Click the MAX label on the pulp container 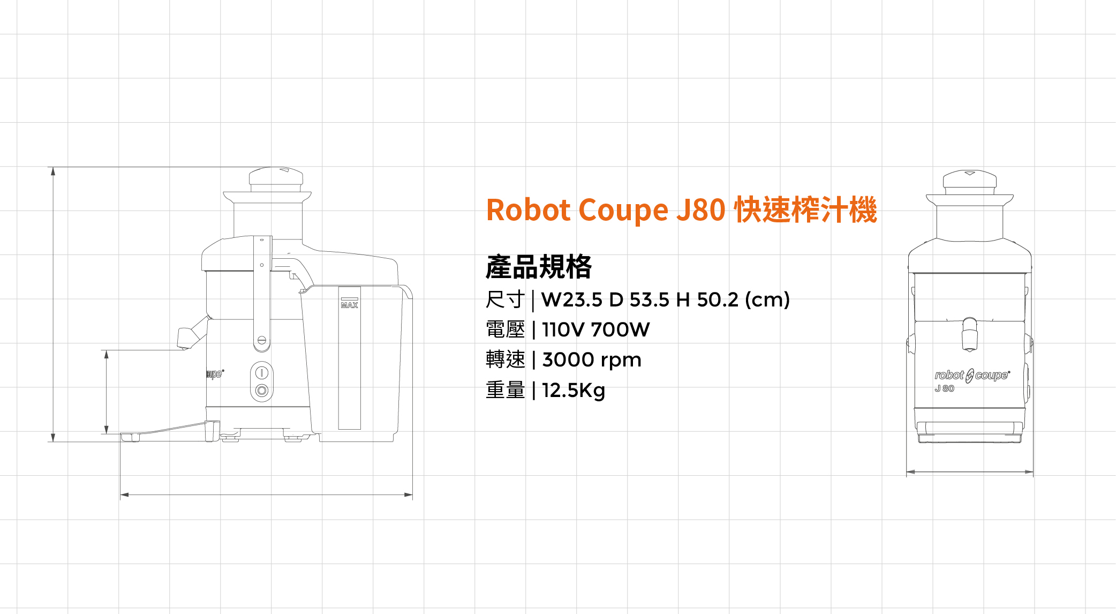coord(349,305)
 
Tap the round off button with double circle coord(261,390)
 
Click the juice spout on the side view coord(188,336)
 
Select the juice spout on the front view coord(969,334)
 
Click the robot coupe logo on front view coord(971,375)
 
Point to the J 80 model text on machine coord(945,388)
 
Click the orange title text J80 coord(700,209)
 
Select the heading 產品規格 coord(538,267)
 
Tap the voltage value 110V coord(563,330)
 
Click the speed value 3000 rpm coord(592,360)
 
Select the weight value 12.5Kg coord(574,390)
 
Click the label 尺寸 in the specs coord(504,299)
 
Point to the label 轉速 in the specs coord(504,360)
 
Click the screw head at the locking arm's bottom coord(262,340)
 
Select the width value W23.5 coord(572,299)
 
